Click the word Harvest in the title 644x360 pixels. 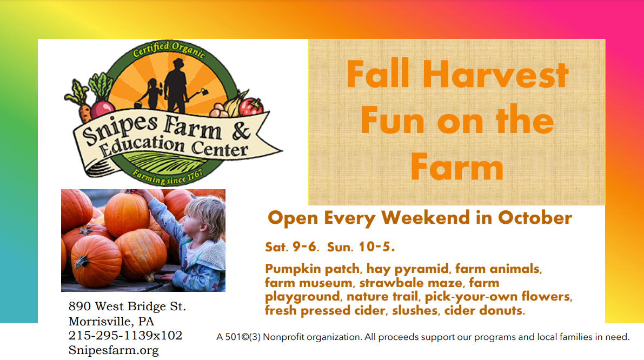(495, 74)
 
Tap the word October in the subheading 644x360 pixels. (535, 218)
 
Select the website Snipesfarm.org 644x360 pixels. (114, 350)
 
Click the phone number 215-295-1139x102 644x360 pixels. (125, 335)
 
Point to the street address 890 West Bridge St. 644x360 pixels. (127, 306)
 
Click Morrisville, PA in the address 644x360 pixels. (111, 321)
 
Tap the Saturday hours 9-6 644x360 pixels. (305, 247)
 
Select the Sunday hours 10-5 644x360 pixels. (376, 247)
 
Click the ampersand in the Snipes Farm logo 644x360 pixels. (242, 131)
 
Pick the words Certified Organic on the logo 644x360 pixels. (169, 49)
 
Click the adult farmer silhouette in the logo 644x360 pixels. (177, 85)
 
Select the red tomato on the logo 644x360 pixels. (250, 106)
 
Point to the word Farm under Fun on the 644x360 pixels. (457, 166)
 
